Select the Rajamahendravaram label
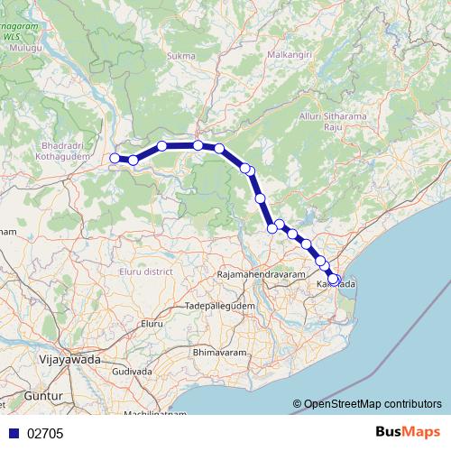262,273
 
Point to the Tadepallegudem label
219,307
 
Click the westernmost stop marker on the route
115,159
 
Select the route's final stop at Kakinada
334,280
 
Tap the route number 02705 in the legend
44,433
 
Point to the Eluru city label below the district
151,322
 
